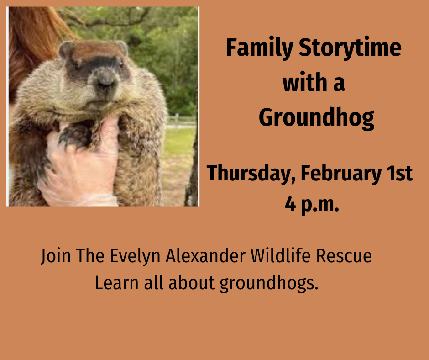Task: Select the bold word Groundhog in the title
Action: click(316, 118)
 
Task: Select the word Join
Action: click(56, 256)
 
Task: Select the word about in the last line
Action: click(192, 283)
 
